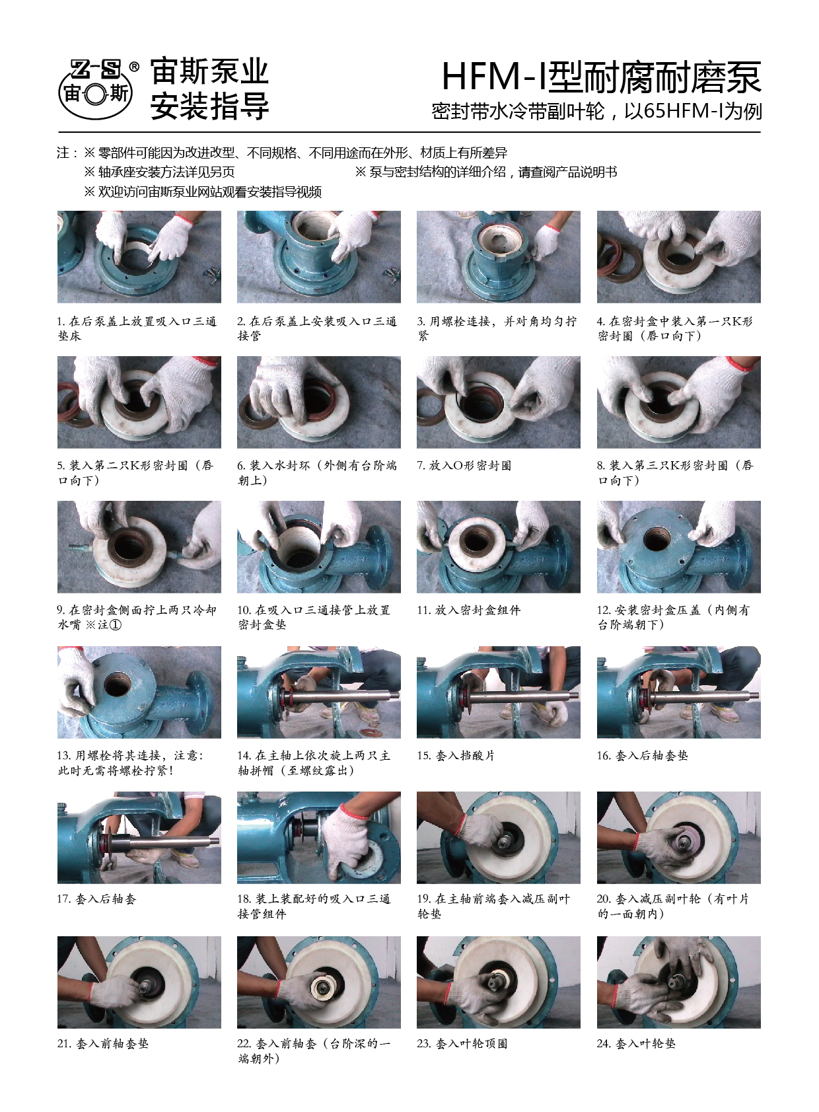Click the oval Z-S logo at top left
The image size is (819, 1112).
point(96,90)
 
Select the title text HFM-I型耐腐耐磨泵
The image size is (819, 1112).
point(602,77)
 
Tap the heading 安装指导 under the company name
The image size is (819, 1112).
point(209,106)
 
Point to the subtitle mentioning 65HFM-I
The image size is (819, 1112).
point(596,111)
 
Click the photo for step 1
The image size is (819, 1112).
point(139,256)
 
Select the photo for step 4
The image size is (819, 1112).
point(678,256)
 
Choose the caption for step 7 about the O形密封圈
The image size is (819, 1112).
point(464,465)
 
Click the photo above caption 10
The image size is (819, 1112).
point(318,546)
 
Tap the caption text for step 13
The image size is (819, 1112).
point(131,763)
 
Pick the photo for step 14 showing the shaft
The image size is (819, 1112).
point(318,692)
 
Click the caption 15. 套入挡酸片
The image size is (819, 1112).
point(456,756)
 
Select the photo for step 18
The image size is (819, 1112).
point(318,838)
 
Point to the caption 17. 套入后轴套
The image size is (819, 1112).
point(96,899)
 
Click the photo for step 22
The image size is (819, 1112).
point(318,982)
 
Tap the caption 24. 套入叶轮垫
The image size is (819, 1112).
point(636,1043)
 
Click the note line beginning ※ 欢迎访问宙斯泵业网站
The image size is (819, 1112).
point(203,192)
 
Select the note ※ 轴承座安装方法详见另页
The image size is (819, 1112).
point(159,172)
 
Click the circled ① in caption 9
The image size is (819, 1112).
point(115,624)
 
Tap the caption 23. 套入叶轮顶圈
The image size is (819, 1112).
point(462,1043)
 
